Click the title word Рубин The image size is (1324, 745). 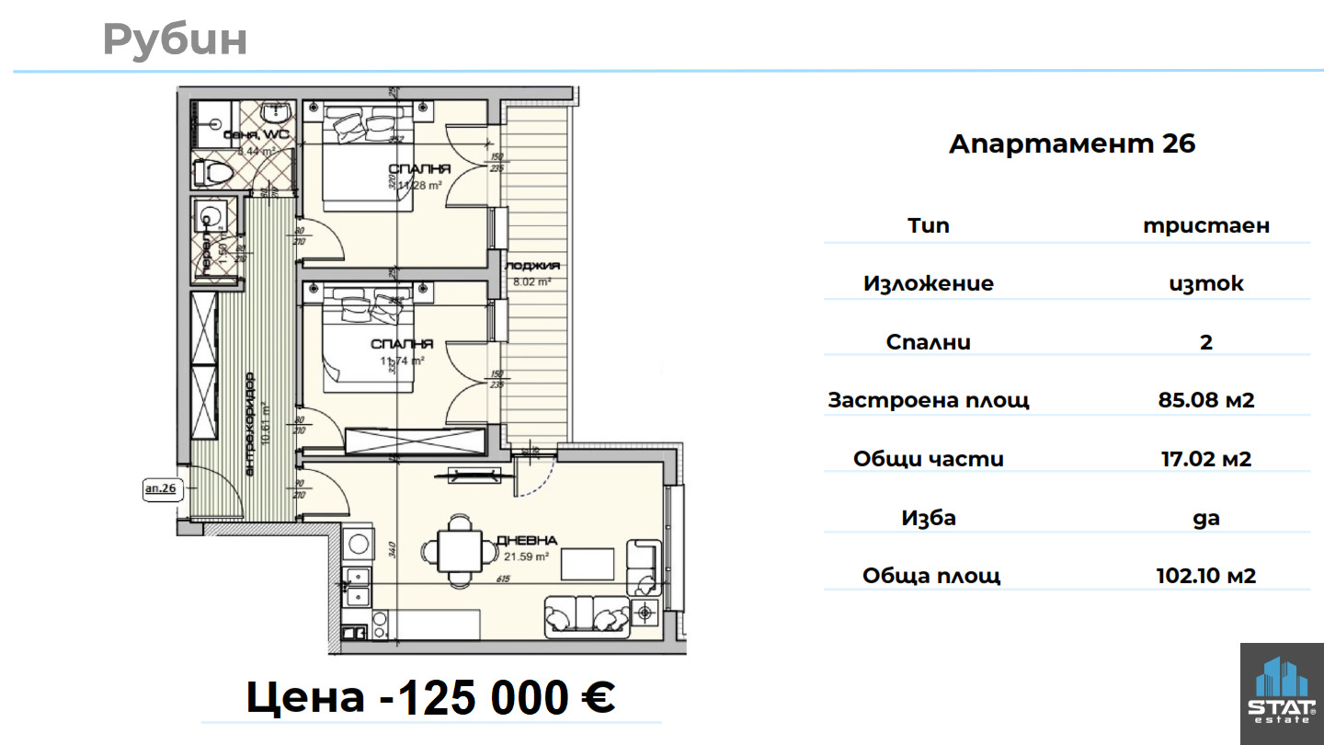pos(175,40)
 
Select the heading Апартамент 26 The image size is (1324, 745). pos(1072,144)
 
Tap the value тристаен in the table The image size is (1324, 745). pos(1205,226)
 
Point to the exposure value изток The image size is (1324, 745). pos(1205,284)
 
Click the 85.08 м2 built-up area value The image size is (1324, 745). pos(1205,401)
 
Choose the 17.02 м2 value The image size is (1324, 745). pos(1205,459)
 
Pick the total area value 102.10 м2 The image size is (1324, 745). pos(1205,577)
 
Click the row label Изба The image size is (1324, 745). pos(929,518)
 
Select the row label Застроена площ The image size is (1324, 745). pos(929,401)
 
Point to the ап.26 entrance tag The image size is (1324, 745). pos(160,488)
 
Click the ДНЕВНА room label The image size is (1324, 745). pos(526,541)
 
